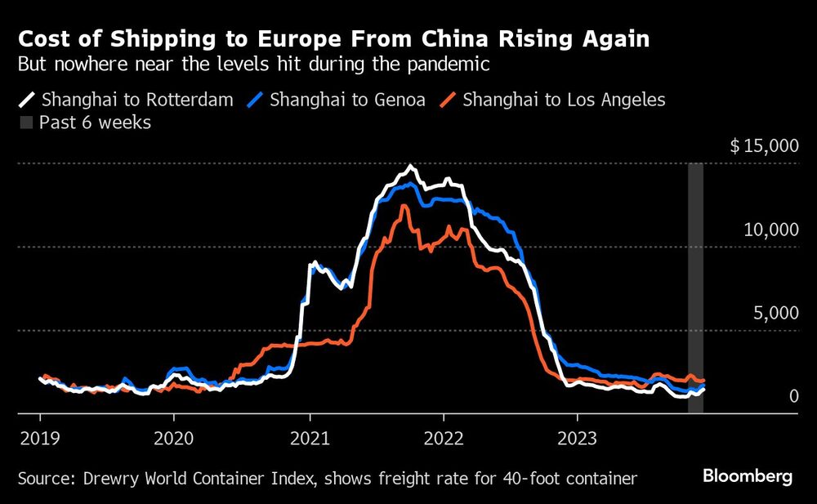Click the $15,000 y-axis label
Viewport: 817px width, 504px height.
click(763, 146)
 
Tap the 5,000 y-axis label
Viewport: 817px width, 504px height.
click(775, 314)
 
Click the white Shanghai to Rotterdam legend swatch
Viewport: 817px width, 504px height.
click(27, 100)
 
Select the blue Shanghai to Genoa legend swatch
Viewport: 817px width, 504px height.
click(256, 100)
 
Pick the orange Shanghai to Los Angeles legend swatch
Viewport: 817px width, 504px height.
click(449, 100)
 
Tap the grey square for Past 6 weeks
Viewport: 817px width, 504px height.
click(26, 123)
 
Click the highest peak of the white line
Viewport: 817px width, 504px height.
click(411, 166)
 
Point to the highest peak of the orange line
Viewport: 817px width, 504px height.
click(403, 205)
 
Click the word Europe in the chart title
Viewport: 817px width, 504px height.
click(252, 38)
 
